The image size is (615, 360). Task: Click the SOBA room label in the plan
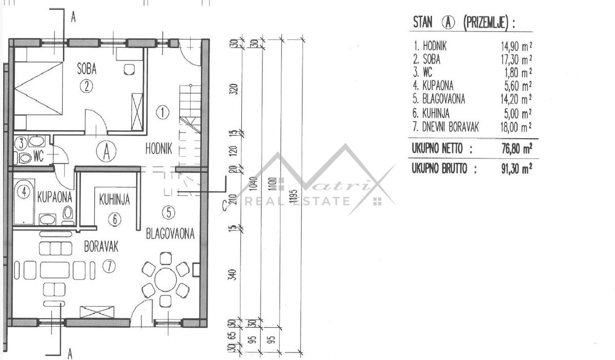(x=87, y=69)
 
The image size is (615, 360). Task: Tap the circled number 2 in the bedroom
(x=87, y=86)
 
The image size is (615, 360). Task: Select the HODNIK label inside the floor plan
(x=159, y=149)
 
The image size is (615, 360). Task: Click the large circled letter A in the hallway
(x=106, y=151)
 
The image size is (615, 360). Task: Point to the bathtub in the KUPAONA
(x=24, y=202)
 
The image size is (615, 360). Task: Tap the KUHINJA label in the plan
(x=114, y=200)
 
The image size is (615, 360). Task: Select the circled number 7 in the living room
(x=109, y=266)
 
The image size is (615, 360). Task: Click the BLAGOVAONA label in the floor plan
(x=170, y=234)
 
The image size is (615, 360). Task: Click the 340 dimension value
(x=232, y=274)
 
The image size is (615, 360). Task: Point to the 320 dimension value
(x=233, y=89)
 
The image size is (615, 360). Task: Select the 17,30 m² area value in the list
(x=516, y=59)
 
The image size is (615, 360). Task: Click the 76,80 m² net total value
(x=517, y=149)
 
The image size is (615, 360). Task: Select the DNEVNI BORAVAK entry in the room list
(x=450, y=127)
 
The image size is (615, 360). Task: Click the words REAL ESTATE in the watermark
(x=297, y=202)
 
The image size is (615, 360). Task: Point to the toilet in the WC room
(x=25, y=158)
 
